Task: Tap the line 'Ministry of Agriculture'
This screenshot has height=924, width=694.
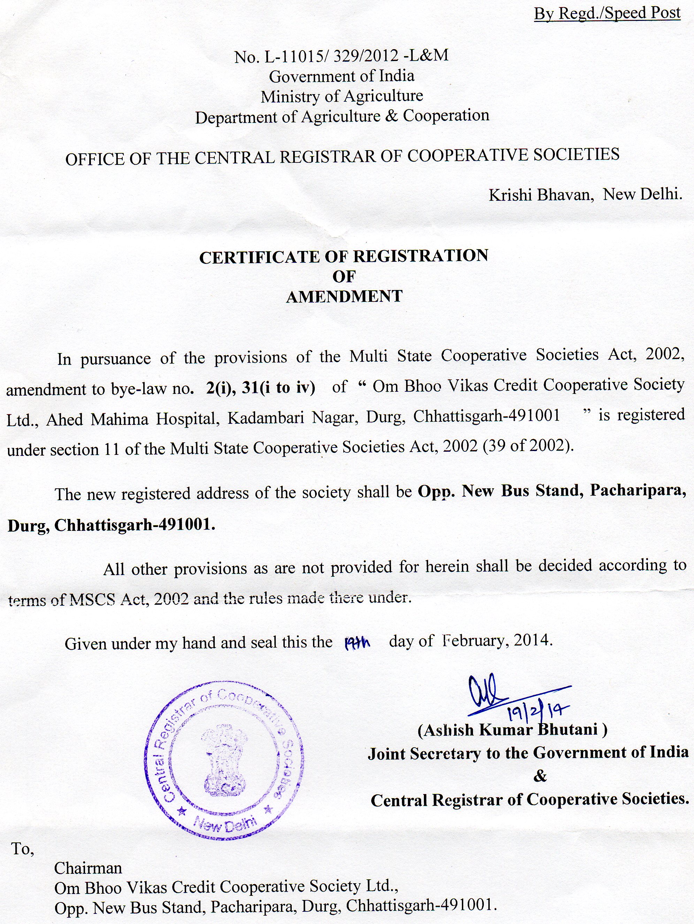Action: [x=342, y=97]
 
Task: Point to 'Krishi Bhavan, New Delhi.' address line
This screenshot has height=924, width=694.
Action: [x=585, y=194]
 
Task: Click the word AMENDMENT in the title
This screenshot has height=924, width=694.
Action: [x=344, y=296]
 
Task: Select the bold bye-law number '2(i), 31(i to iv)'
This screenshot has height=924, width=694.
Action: [x=260, y=388]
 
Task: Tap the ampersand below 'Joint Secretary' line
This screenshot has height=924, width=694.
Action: [x=540, y=777]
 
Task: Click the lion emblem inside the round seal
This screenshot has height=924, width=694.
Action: [x=224, y=762]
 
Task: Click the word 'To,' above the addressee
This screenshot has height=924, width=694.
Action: [x=22, y=848]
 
